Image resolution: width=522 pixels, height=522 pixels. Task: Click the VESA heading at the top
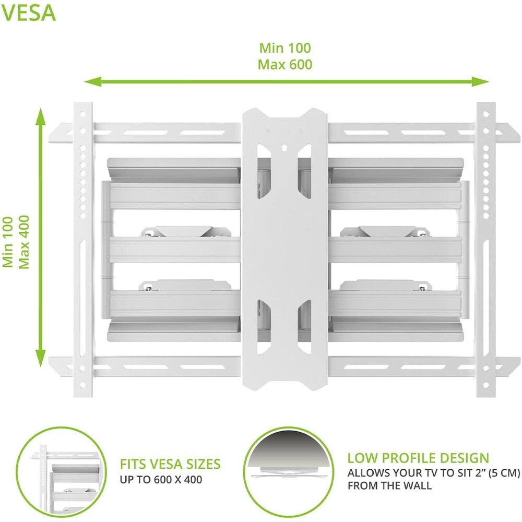click(x=28, y=13)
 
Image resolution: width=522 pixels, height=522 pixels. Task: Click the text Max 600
click(x=285, y=64)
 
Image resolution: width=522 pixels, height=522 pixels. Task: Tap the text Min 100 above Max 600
click(x=285, y=48)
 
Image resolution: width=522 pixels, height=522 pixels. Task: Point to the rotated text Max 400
click(x=23, y=242)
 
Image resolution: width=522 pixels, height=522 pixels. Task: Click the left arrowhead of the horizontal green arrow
click(x=93, y=81)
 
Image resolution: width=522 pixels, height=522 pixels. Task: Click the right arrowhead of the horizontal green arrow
click(x=480, y=81)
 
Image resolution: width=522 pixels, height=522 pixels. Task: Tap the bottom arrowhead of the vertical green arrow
click(x=41, y=358)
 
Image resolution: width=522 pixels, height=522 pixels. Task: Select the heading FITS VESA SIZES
click(x=170, y=464)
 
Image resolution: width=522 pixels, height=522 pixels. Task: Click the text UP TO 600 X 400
click(x=161, y=479)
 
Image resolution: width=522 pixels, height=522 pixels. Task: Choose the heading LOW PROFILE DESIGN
click(x=418, y=458)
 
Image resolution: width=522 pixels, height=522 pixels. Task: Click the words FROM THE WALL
click(x=389, y=485)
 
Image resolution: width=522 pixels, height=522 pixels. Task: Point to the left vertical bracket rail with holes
click(x=82, y=250)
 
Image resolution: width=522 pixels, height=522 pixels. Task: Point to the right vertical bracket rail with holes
click(x=485, y=250)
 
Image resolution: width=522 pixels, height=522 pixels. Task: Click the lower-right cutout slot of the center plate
click(x=304, y=327)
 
